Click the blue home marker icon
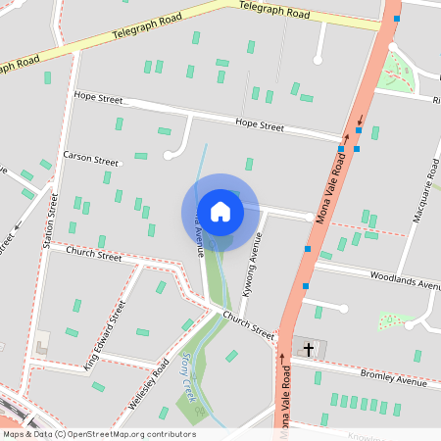[x=220, y=212]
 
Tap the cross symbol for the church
[x=309, y=348]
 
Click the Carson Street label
[x=90, y=157]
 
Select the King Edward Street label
[x=105, y=336]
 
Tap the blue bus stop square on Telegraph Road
[x=396, y=19]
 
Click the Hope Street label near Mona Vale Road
[x=260, y=125]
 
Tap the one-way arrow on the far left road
[x=16, y=235]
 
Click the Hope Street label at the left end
[x=97, y=97]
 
